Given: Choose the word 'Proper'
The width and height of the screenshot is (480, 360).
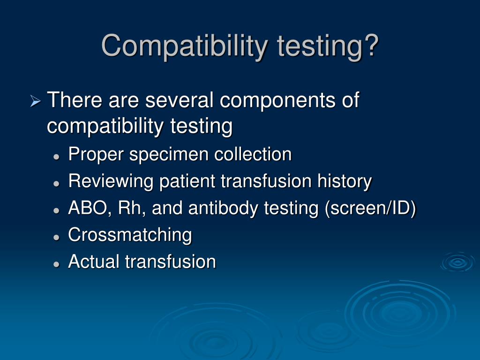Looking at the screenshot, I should pyautogui.click(x=96, y=154).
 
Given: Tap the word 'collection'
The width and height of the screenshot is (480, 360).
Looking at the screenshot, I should pyautogui.click(x=253, y=154).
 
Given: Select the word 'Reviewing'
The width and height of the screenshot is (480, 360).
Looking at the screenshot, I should pyautogui.click(x=111, y=181).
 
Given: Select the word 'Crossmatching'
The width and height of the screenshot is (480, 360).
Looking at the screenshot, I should pyautogui.click(x=130, y=234).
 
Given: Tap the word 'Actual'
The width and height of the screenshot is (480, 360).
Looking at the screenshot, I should pyautogui.click(x=94, y=261).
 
